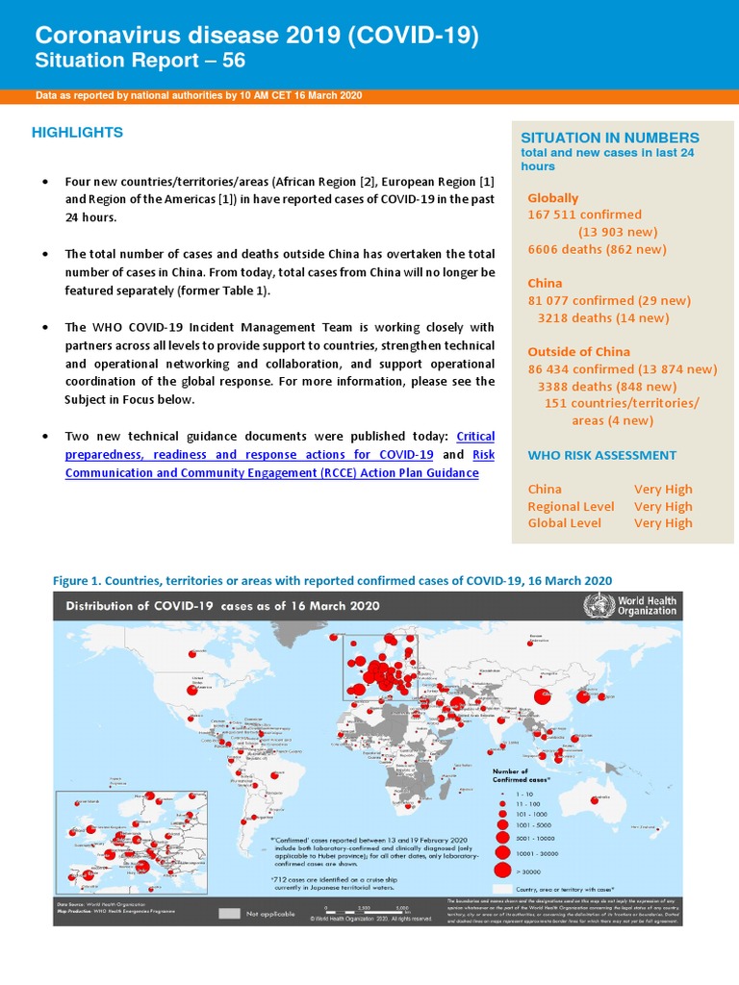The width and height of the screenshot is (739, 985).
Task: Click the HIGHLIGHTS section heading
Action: coord(77,133)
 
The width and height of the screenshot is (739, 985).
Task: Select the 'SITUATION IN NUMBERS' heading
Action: coord(610,138)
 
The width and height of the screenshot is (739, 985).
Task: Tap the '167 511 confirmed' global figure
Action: coord(584,215)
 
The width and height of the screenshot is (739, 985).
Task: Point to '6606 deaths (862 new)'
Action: coord(597,249)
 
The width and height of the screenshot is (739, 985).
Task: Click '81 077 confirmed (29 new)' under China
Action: coord(608,301)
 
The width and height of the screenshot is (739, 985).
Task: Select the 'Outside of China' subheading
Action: coord(579,351)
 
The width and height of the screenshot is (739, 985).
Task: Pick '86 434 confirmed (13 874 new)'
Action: coord(622,369)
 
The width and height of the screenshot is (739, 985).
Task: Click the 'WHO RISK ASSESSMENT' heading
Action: coord(601,455)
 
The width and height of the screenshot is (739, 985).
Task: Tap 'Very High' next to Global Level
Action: coord(662,523)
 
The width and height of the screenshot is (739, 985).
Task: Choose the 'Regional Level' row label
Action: coord(571,506)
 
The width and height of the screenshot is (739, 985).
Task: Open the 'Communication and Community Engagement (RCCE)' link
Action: coord(270,472)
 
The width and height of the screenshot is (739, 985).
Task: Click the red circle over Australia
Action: coord(604,797)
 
